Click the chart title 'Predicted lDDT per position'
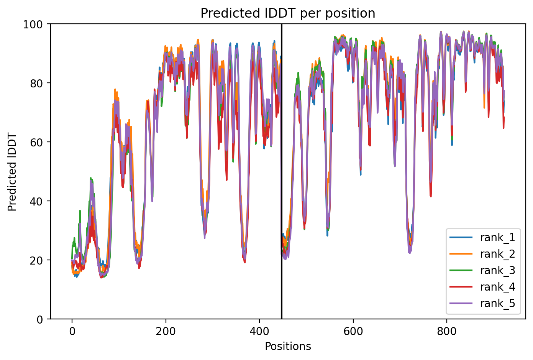point(288,13)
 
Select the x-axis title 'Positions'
point(288,347)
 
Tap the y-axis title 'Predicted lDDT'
point(11,172)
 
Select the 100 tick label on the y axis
point(33,25)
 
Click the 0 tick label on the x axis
point(72,331)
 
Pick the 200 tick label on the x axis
point(166,331)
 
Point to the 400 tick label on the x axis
point(259,331)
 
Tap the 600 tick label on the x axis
point(353,331)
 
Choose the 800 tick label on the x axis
point(447,331)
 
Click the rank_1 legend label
point(497,238)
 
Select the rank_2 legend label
point(497,254)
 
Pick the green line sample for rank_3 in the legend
point(461,270)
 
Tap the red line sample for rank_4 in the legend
point(461,287)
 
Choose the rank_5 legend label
point(497,303)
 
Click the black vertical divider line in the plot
point(282,171)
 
